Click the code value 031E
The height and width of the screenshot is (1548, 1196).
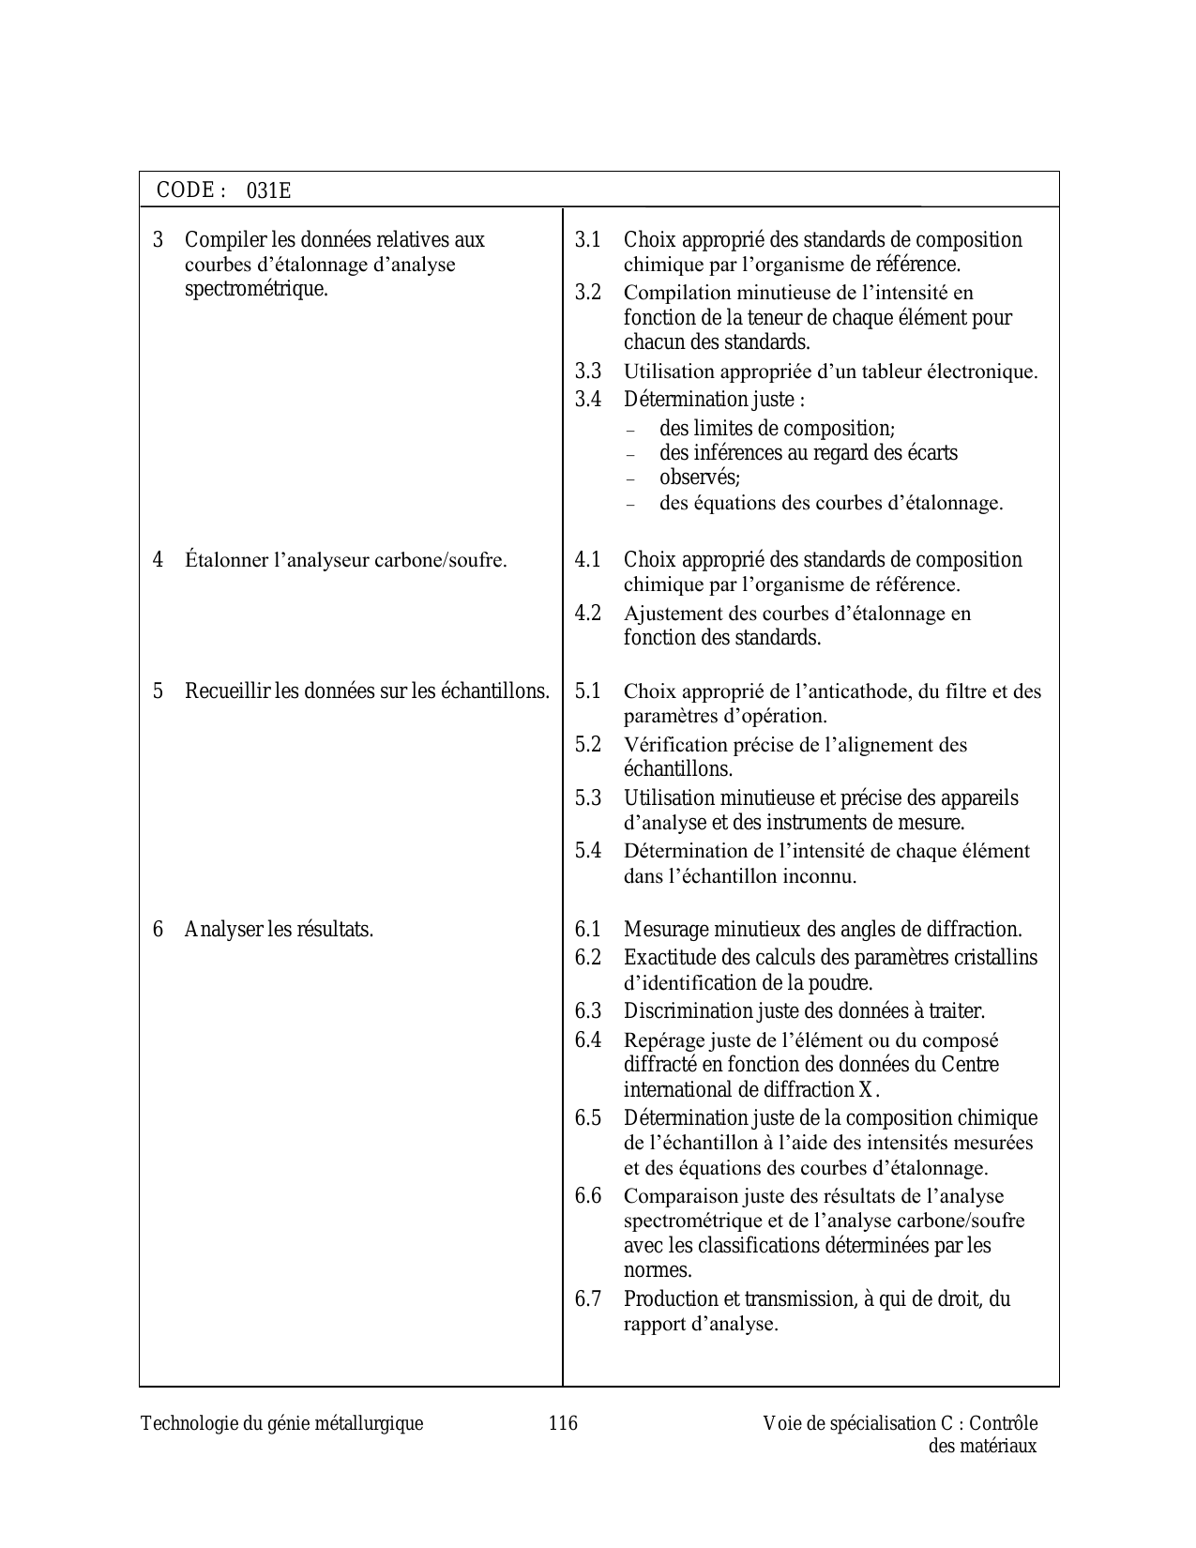[269, 191]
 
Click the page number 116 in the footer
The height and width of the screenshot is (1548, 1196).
[563, 1423]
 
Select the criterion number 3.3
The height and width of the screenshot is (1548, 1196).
[588, 372]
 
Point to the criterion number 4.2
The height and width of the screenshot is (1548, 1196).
[588, 614]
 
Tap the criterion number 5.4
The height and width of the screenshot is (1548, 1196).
[588, 851]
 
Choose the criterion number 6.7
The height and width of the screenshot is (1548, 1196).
[588, 1299]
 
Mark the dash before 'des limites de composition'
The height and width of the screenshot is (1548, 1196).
[631, 430]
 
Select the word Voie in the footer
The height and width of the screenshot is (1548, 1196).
[781, 1423]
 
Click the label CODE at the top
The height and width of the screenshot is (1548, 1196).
[186, 190]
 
